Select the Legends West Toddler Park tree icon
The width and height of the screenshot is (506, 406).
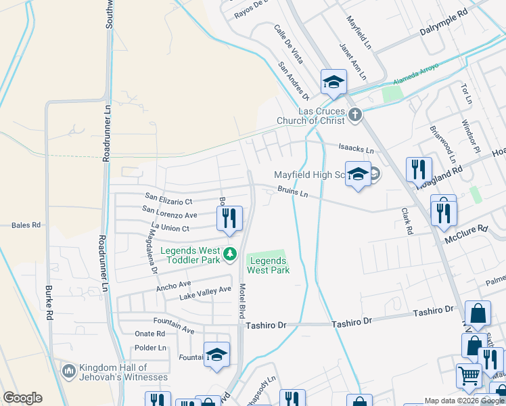(230, 254)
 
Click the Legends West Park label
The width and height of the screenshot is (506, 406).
(268, 265)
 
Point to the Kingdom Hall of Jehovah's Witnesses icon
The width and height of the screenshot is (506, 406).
(68, 371)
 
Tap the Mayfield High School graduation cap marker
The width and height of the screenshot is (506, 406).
(358, 175)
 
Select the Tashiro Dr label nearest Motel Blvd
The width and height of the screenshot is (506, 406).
(266, 325)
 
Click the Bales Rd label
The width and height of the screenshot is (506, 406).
(27, 225)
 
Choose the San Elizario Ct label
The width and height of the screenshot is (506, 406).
(168, 201)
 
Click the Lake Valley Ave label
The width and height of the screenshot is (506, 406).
(205, 294)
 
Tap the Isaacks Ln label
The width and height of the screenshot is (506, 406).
(356, 150)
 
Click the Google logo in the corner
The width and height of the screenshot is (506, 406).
(22, 398)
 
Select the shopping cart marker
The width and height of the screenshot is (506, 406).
(469, 375)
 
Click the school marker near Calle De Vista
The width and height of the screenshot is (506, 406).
(333, 82)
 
